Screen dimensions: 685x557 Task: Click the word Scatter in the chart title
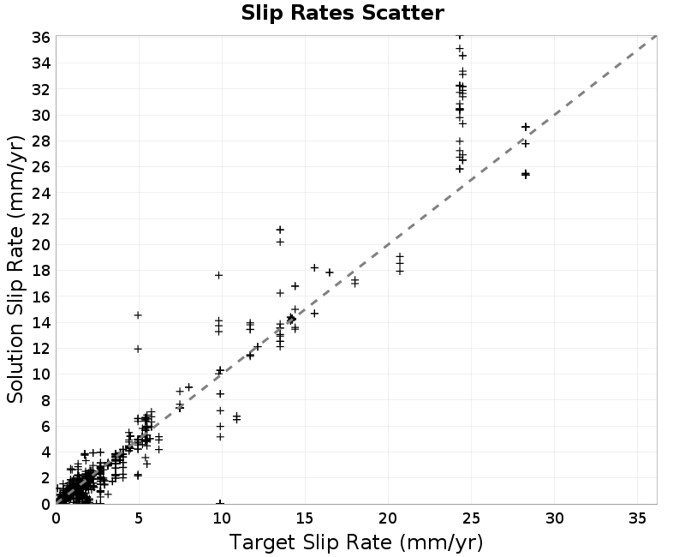coord(402,13)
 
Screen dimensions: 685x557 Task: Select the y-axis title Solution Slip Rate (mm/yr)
coord(15,269)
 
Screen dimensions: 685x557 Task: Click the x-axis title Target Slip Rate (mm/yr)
coord(356,542)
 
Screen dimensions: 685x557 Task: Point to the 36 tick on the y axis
coord(41,38)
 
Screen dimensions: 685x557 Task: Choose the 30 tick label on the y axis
coord(41,116)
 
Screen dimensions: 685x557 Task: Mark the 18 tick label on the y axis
coord(41,271)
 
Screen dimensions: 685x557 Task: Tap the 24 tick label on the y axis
coord(41,193)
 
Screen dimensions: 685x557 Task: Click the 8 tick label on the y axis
coord(45,400)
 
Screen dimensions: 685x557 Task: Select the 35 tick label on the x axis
coord(637,518)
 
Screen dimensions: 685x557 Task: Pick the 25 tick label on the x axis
coord(472,518)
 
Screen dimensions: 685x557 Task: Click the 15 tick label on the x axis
coord(305,518)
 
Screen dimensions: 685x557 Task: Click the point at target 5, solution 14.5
coord(138,315)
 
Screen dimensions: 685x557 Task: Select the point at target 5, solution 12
coord(138,349)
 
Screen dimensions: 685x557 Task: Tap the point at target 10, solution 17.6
coord(219,275)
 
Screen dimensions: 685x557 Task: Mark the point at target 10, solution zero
coord(221,502)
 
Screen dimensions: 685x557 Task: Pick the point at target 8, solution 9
coord(188,387)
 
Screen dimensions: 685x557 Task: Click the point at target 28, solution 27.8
coord(526,143)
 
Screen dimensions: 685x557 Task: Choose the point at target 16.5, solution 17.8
coord(330,273)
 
